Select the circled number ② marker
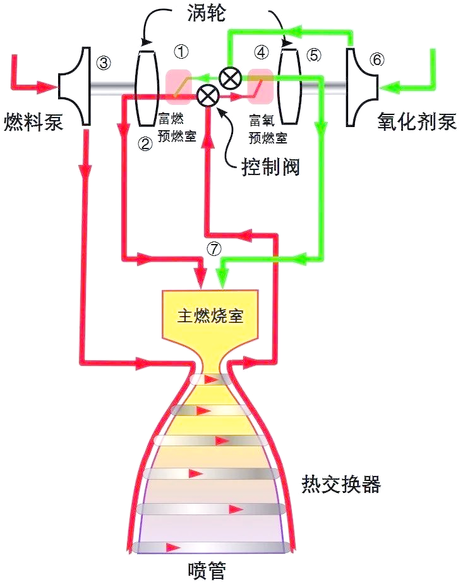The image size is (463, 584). tap(145, 143)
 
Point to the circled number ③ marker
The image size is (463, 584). tap(105, 62)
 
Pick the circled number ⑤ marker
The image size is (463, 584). tap(313, 54)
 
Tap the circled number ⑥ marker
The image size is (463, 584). tap(376, 59)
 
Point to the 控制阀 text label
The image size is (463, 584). tap(270, 167)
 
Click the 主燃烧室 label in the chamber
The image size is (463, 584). tap(210, 316)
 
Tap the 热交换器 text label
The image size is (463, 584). tap(341, 485)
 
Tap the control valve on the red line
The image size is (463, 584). tap(207, 96)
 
